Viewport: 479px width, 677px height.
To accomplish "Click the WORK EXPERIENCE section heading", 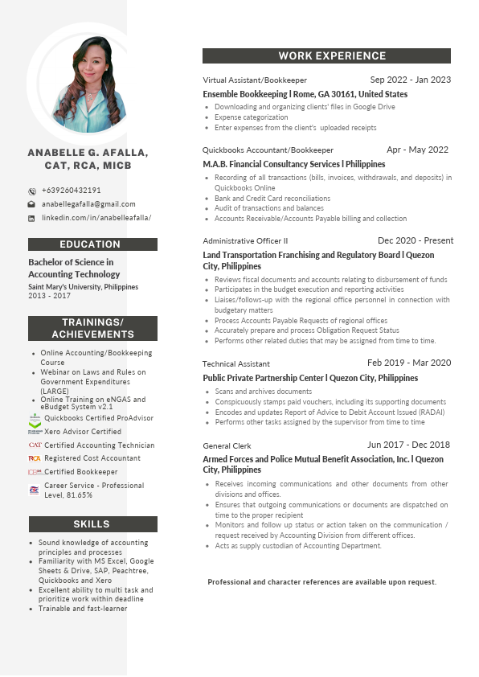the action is (x=326, y=56).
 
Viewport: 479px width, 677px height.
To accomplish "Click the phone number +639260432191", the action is (x=72, y=191).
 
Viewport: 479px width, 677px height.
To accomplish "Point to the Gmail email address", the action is (x=88, y=204).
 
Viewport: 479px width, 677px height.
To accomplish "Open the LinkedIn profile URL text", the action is (x=96, y=218).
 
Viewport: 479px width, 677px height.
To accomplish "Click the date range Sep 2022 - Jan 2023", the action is (x=411, y=80).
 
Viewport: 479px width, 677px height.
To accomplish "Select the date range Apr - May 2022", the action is (x=417, y=150).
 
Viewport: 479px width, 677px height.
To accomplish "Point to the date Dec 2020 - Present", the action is (x=416, y=240).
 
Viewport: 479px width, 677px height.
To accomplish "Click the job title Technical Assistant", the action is (x=236, y=364).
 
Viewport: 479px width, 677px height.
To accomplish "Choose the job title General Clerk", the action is (x=227, y=445).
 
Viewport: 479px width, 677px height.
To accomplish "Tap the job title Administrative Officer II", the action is (x=245, y=241).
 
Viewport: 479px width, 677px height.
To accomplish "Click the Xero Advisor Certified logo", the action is (x=35, y=432).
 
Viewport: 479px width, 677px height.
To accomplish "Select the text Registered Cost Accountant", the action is (x=92, y=458).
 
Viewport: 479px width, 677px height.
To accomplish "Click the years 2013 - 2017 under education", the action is (x=49, y=296).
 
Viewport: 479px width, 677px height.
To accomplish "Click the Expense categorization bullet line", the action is (x=240, y=117).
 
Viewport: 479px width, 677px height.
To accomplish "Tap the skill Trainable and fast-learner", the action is (x=83, y=609).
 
